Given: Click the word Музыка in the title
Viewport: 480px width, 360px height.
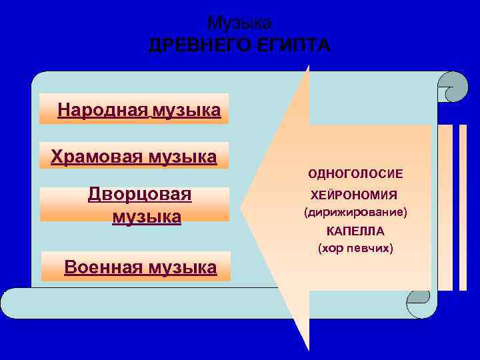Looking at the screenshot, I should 239,23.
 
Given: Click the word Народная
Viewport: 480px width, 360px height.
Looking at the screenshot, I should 102,109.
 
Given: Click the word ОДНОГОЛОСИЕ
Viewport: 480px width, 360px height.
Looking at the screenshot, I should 355,174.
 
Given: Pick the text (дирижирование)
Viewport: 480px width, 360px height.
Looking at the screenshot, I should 355,213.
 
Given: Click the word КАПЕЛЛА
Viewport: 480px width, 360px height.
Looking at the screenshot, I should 355,232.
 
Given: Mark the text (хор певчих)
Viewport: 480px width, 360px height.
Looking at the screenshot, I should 355,249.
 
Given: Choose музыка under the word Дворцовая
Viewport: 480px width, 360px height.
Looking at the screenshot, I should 147,217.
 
